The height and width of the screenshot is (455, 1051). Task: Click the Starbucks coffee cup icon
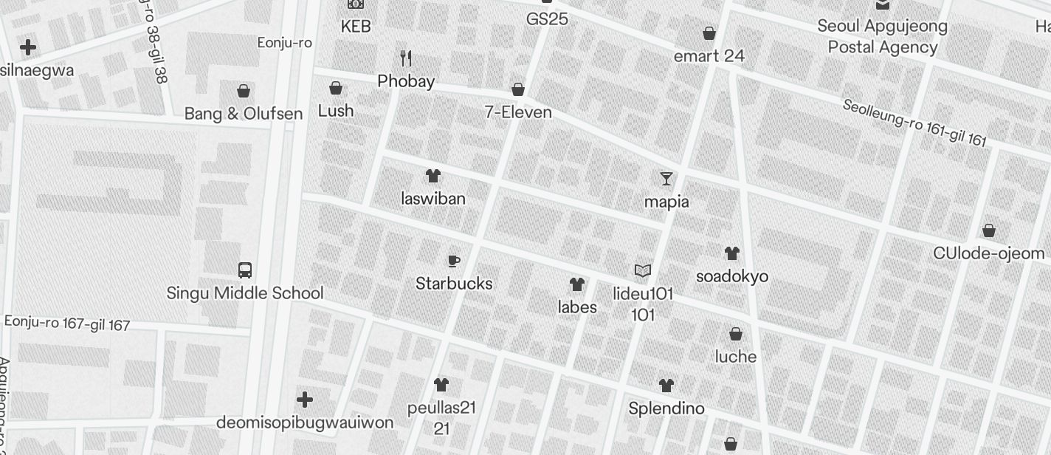[454, 261]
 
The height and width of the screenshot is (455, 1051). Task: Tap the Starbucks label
[454, 284]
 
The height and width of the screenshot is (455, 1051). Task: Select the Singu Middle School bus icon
[245, 270]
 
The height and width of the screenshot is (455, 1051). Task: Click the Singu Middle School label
[245, 293]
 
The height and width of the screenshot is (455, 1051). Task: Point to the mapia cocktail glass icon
[666, 179]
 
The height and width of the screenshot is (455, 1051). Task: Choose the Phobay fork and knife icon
[406, 58]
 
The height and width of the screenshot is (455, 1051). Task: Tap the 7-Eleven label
[518, 113]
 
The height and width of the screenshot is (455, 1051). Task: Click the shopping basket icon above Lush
[336, 89]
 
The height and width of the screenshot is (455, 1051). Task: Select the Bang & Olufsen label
[244, 114]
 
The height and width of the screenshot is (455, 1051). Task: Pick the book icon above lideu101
[643, 271]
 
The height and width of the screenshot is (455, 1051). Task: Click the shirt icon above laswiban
[433, 176]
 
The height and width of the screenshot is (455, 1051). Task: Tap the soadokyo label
[732, 276]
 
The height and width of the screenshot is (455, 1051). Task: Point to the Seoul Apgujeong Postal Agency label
[882, 37]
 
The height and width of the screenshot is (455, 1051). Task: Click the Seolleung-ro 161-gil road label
[914, 123]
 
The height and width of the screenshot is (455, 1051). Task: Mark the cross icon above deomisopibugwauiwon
[304, 400]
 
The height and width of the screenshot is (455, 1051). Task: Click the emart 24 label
[709, 56]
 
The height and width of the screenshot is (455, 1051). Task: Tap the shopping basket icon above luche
[736, 334]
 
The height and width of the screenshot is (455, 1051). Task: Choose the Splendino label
[666, 408]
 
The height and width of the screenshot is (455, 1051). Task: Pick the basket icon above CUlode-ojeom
[989, 230]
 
